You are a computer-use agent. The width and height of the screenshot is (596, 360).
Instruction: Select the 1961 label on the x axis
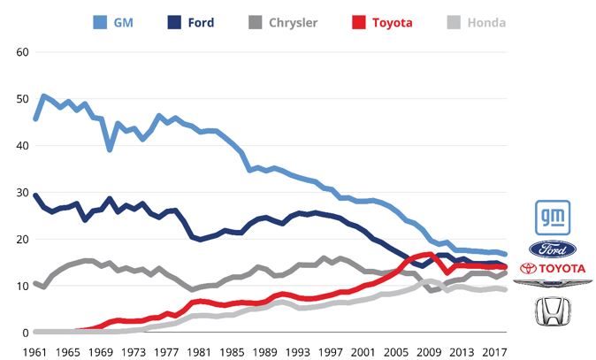[34, 350]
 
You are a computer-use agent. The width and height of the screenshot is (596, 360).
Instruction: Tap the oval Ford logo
[553, 249]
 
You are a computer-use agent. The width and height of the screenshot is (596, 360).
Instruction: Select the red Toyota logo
[553, 268]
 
